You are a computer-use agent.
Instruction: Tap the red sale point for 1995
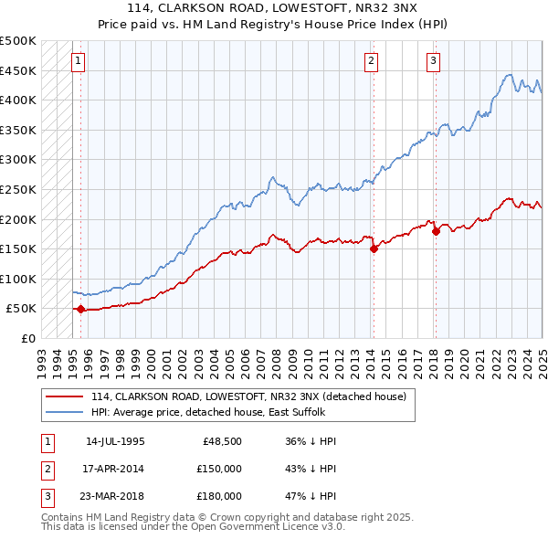pos(80,309)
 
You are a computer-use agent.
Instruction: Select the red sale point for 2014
pos(374,248)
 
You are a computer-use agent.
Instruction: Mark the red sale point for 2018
pos(436,231)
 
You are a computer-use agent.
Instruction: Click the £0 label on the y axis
pos(27,338)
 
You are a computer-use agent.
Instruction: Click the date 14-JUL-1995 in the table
pos(115,441)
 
